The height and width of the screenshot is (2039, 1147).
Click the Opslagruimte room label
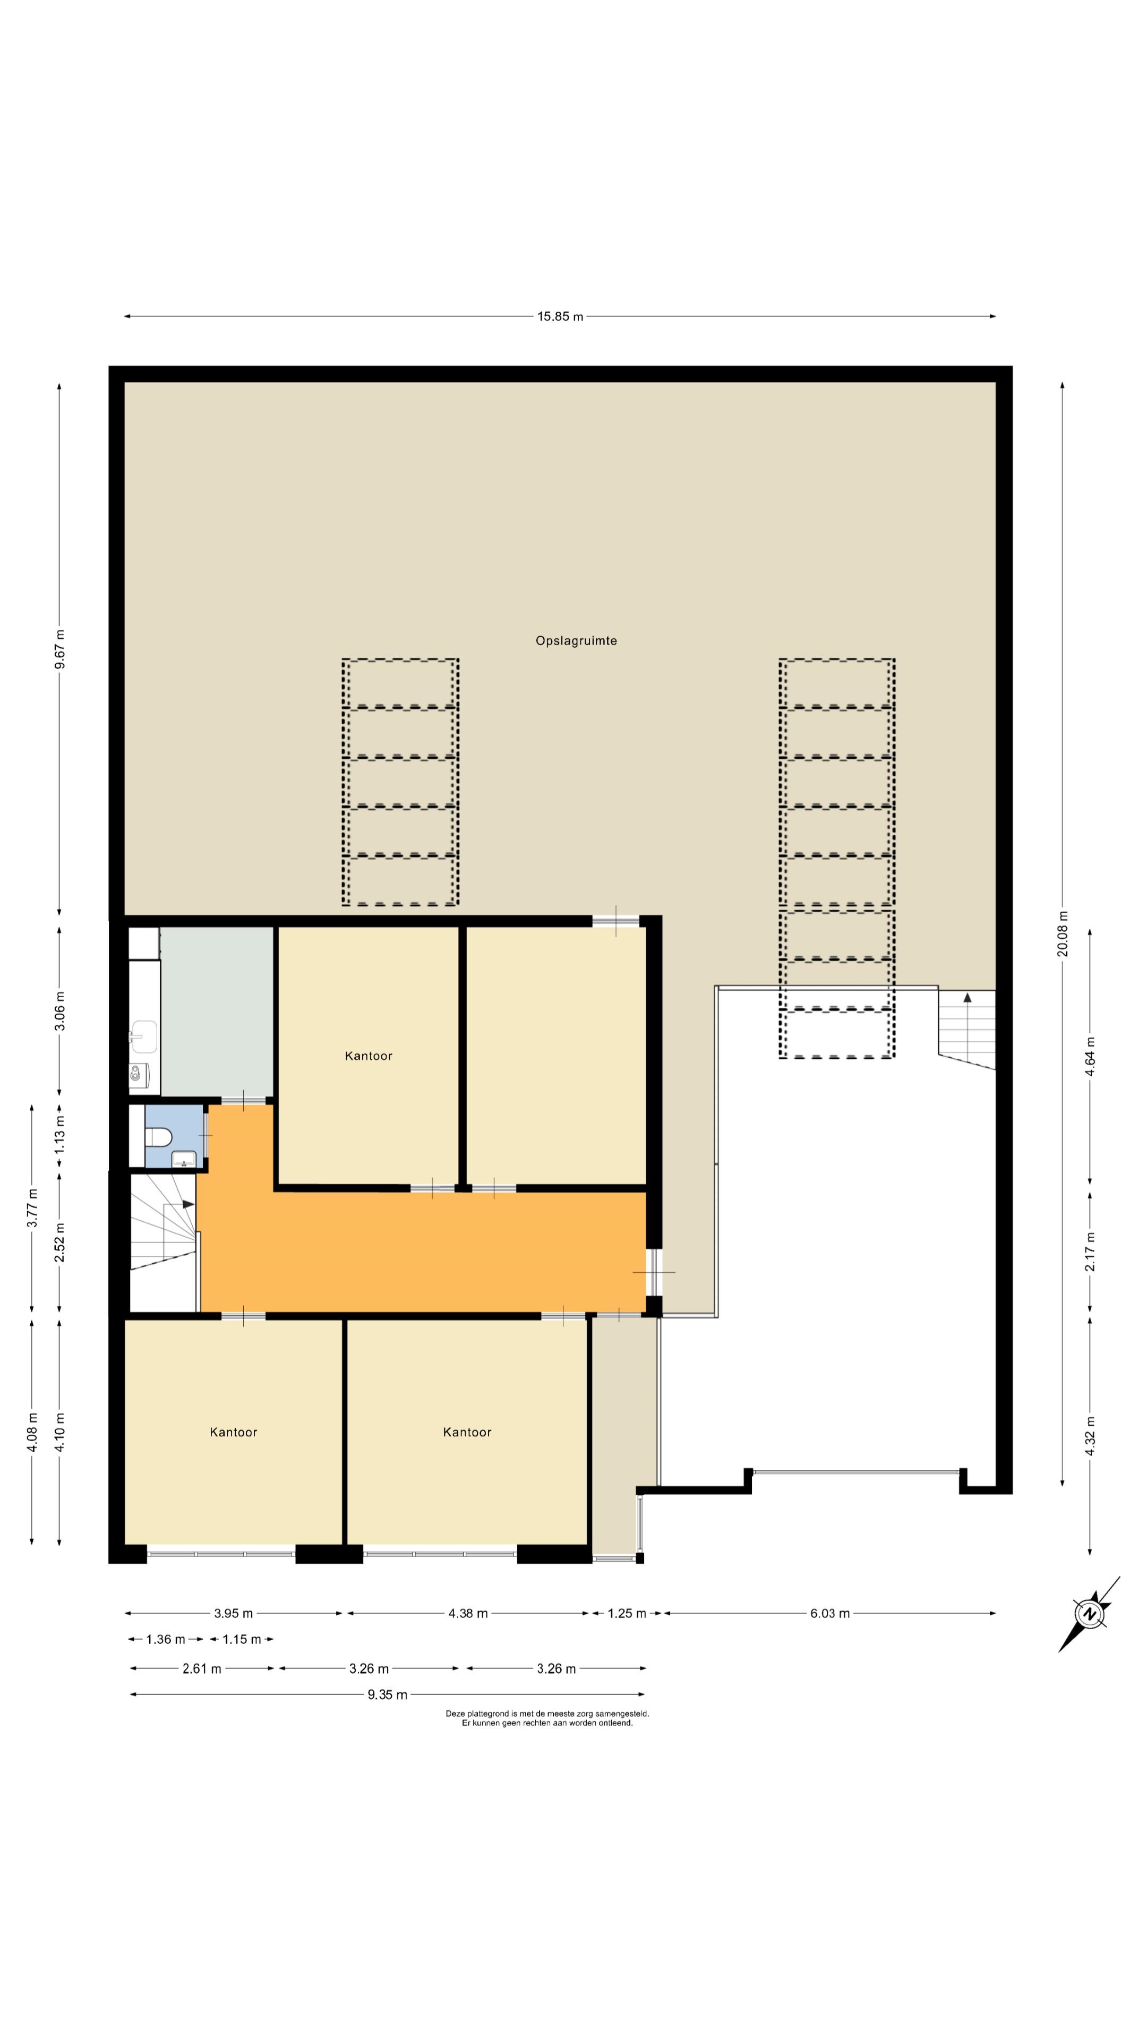pyautogui.click(x=576, y=641)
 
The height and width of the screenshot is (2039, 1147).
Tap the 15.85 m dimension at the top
pyautogui.click(x=560, y=316)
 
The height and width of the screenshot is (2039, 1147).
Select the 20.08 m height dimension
pyautogui.click(x=1062, y=934)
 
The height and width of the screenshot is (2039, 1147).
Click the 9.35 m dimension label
pyautogui.click(x=387, y=1695)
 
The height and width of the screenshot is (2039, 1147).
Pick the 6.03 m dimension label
pyautogui.click(x=829, y=1613)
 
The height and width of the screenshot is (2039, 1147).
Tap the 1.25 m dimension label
pyautogui.click(x=627, y=1613)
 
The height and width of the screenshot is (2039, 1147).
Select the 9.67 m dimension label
pyautogui.click(x=60, y=649)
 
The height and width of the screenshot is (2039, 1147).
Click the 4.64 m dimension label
pyautogui.click(x=1090, y=1056)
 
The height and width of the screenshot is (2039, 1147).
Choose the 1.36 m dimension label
pyautogui.click(x=166, y=1639)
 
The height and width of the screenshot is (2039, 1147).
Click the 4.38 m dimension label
pyautogui.click(x=468, y=1613)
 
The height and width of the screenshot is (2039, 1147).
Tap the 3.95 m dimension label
pyautogui.click(x=234, y=1613)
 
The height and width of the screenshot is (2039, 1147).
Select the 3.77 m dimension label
pyautogui.click(x=32, y=1208)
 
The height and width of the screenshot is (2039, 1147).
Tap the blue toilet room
pyautogui.click(x=175, y=1137)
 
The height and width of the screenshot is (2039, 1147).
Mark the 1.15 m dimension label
pyautogui.click(x=242, y=1639)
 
